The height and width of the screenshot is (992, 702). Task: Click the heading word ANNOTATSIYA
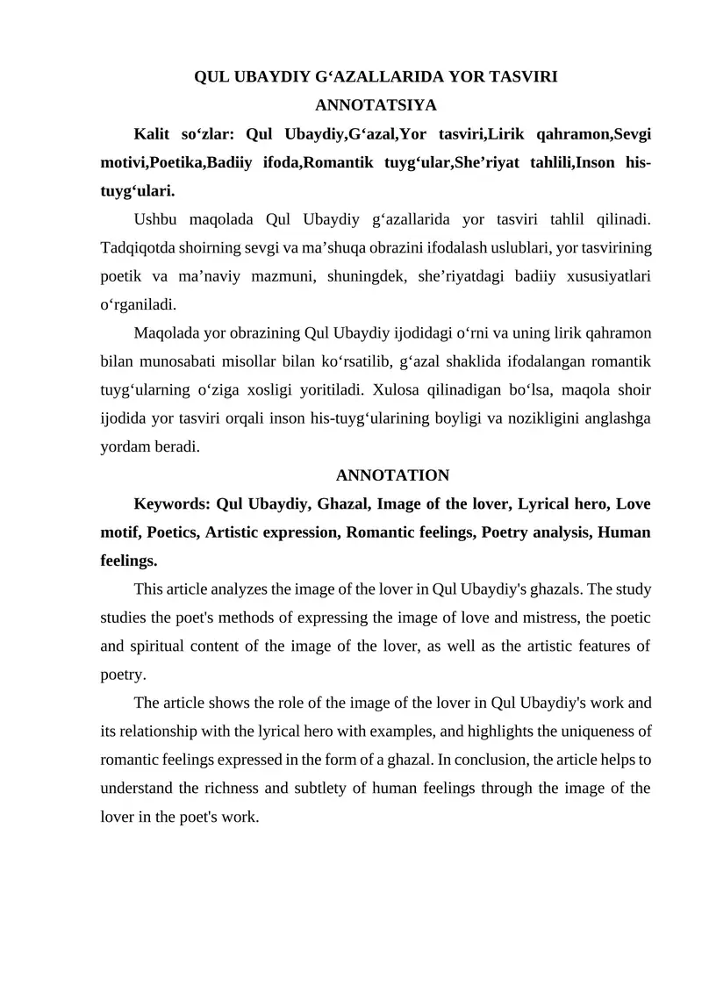click(375, 106)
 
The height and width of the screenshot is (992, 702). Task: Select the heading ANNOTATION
click(392, 475)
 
